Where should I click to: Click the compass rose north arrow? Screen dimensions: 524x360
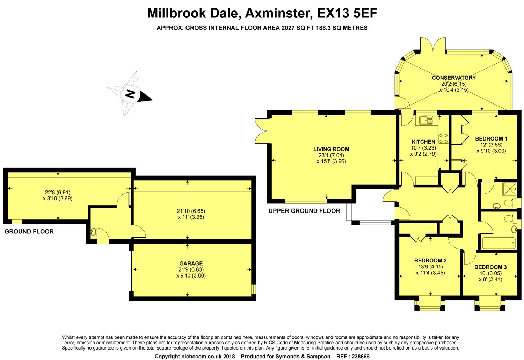click(130, 94)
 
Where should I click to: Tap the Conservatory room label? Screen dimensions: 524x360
click(454, 78)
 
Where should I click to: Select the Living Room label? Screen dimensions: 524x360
click(331, 149)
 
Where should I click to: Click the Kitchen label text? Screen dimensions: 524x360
click(423, 142)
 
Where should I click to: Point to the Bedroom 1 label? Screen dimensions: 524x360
click(491, 138)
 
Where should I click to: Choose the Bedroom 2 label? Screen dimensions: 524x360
click(430, 260)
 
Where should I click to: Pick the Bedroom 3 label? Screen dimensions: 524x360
click(490, 267)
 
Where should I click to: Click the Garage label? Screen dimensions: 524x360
click(191, 264)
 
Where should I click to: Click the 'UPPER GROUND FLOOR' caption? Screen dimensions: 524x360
click(304, 211)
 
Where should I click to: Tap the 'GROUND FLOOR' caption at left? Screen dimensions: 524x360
click(29, 231)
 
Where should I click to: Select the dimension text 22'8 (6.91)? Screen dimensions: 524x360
click(58, 192)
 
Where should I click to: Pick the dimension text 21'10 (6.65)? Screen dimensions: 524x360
click(191, 211)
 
